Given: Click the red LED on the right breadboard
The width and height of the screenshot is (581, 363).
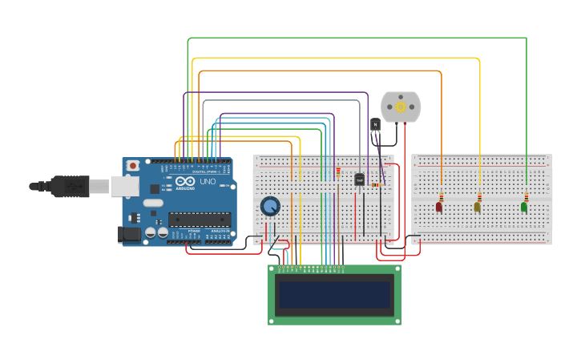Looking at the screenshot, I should tap(438, 207).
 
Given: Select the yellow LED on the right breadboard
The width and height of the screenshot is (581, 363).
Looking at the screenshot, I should tap(477, 207).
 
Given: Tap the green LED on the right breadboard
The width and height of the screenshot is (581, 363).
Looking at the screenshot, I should tap(523, 207).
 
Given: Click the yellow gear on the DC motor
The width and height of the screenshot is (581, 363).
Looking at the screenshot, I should tap(401, 107).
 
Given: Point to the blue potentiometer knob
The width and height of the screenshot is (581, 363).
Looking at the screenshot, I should tap(270, 207).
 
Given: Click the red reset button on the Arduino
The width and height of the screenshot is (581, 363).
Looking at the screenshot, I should tap(132, 166).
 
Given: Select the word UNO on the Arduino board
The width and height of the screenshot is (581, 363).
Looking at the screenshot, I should tap(208, 182).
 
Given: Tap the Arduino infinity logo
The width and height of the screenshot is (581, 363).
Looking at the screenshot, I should tap(185, 182).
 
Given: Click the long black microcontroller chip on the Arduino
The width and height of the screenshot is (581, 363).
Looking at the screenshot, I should tap(200, 219).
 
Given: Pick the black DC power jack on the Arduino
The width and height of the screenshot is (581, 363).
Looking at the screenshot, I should tap(128, 234).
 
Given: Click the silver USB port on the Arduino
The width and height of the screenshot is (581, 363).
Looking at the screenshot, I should tap(124, 186).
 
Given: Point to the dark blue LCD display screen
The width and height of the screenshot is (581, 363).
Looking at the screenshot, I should tap(333, 295).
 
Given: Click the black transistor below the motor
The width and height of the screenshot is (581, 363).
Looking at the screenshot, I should tap(375, 126).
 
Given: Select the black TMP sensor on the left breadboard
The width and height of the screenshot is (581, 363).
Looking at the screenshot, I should tap(359, 179).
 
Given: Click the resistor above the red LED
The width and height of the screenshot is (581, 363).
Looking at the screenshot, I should tap(441, 196).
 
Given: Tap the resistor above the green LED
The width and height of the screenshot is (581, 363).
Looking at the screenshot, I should tap(527, 196).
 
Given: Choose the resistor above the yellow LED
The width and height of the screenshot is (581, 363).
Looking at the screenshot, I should tap(479, 196).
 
